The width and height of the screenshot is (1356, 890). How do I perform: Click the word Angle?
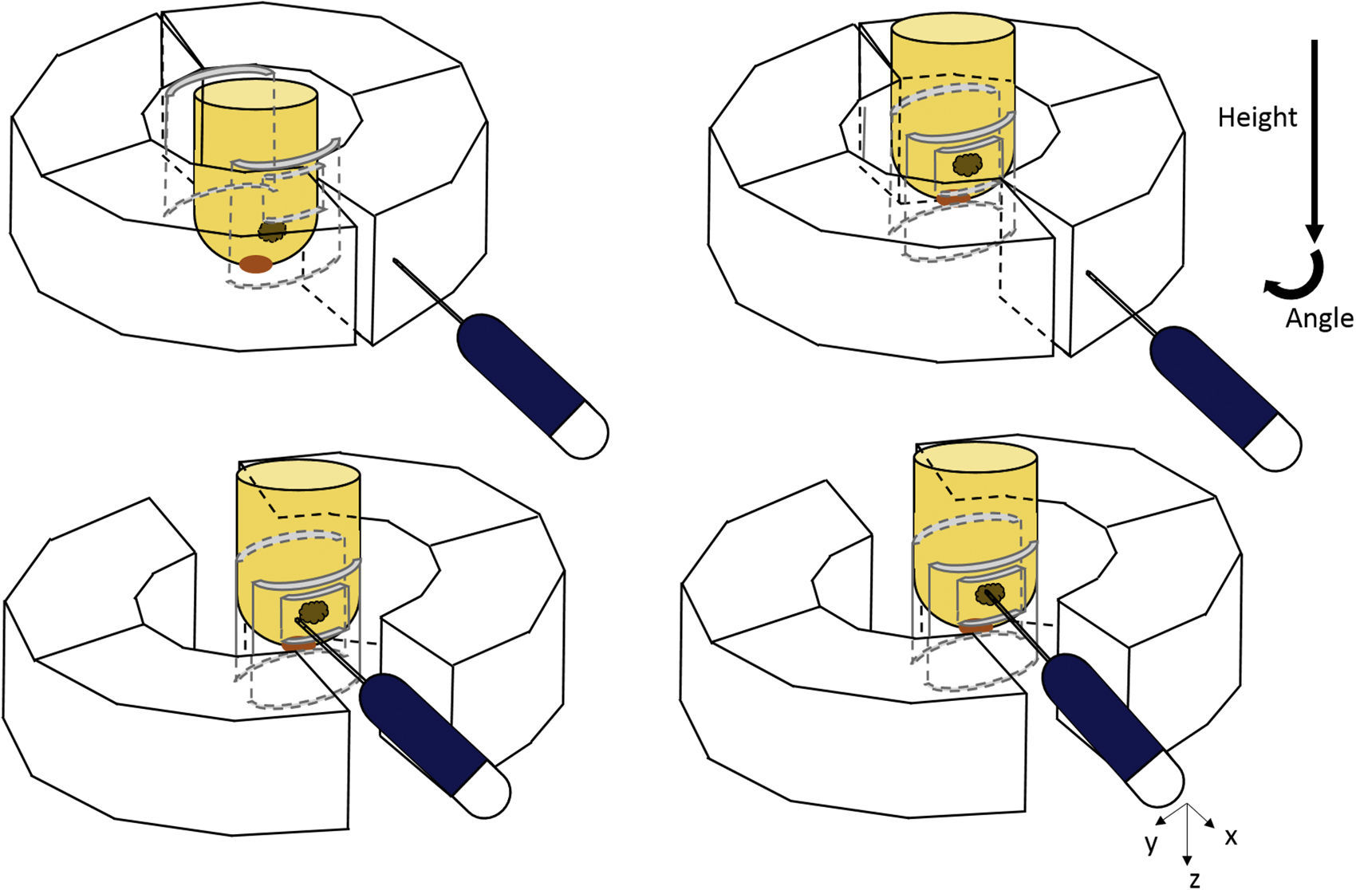[x=1319, y=318]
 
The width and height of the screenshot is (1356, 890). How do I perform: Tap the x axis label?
[x=1231, y=837]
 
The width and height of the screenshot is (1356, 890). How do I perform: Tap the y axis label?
[x=1151, y=843]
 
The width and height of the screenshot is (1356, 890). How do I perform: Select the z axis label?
[x=1194, y=880]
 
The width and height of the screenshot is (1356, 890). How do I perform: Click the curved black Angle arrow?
[x=1295, y=275]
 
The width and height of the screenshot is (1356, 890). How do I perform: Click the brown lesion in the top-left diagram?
[x=272, y=231]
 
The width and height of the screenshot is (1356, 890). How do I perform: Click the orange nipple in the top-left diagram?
[x=255, y=264]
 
